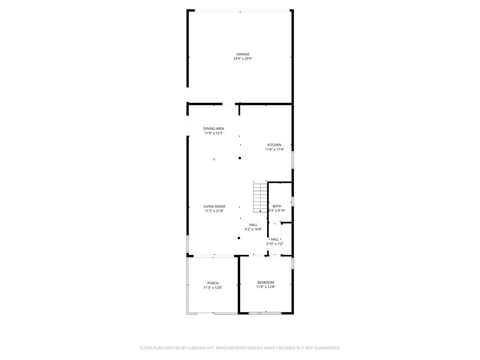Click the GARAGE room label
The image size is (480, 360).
coord(242,54)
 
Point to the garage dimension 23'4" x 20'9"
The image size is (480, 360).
coord(242,59)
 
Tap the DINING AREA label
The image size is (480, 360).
coord(214,128)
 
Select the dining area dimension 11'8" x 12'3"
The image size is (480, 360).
coord(214,133)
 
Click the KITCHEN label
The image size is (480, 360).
coord(274,145)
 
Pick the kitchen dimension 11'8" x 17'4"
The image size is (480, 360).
coord(274,150)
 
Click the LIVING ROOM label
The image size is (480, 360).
coord(214,206)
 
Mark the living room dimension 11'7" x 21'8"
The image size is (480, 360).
coord(214,211)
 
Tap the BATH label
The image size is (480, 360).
coord(277,206)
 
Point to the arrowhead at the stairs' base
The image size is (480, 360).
coord(260,211)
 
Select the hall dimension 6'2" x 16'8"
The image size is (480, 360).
coord(254,229)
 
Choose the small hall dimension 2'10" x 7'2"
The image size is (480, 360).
coord(275,244)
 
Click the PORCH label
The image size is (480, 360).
coord(213,283)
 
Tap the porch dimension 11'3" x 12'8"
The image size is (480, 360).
coord(213,287)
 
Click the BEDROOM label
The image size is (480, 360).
coord(266,282)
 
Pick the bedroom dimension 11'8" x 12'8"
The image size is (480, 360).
coord(266,287)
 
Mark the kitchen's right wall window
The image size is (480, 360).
coord(293,159)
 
